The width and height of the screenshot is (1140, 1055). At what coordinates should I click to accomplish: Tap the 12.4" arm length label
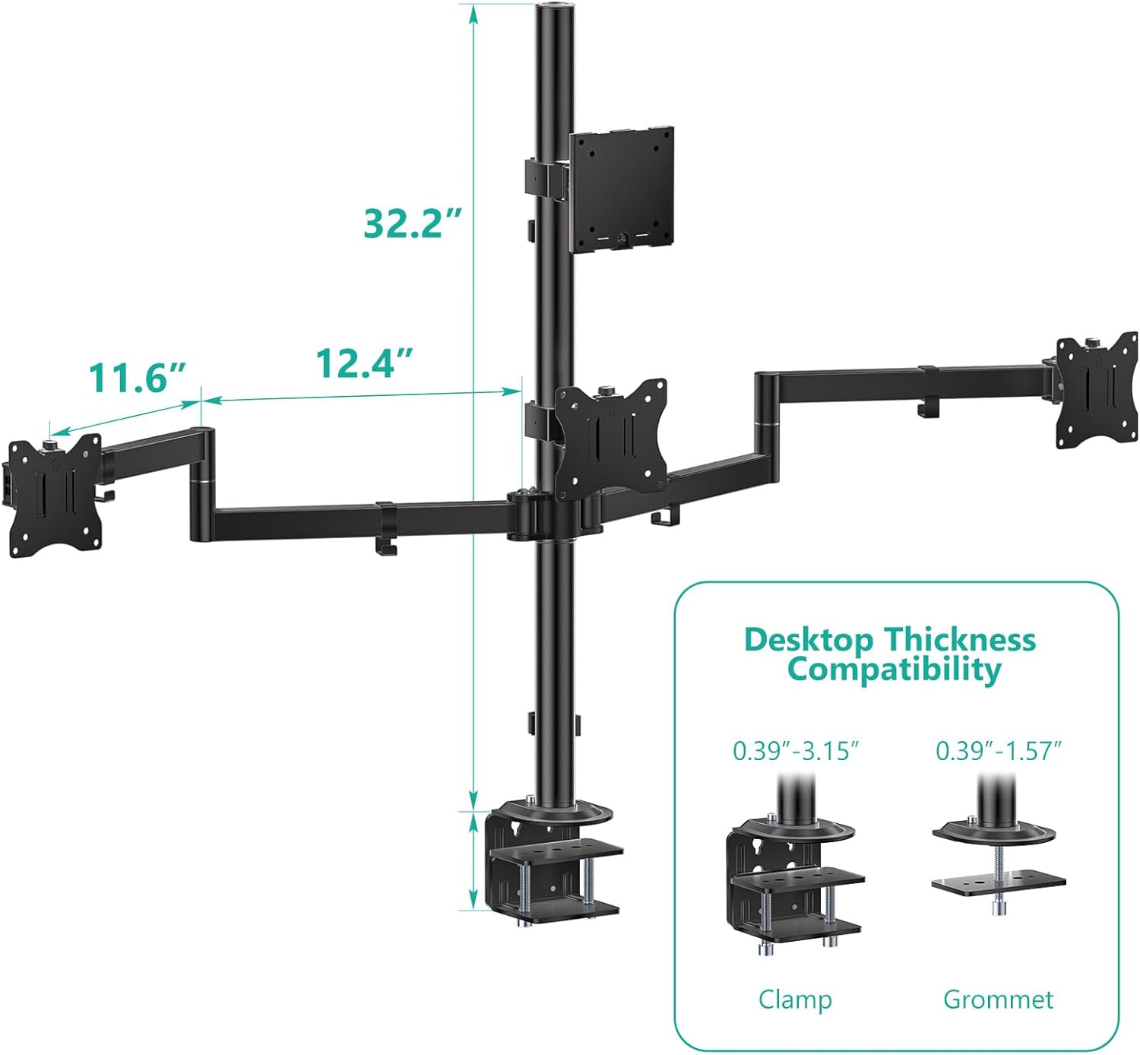coord(365,363)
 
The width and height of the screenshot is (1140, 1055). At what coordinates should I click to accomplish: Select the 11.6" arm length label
coord(138,377)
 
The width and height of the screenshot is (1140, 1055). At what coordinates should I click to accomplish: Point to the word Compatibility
coord(894,670)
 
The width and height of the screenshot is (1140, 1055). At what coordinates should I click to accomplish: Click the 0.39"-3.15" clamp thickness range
coord(796,751)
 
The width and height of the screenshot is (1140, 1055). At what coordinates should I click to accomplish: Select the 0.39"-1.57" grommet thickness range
coord(999,751)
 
